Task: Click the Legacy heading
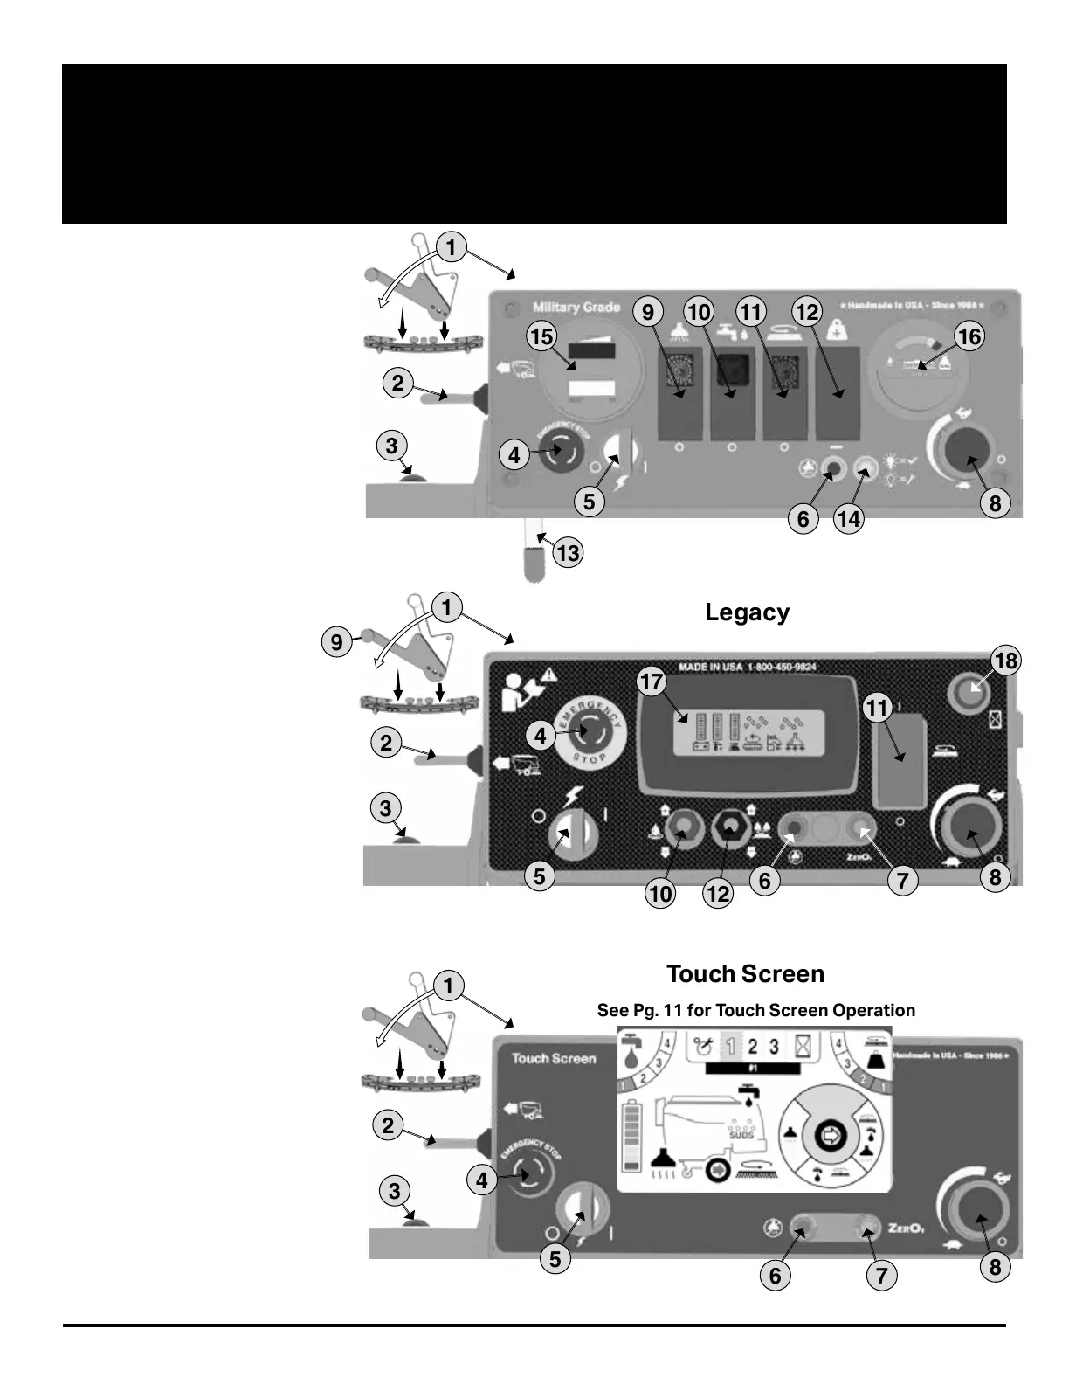tap(747, 612)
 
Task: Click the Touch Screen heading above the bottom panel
tap(745, 974)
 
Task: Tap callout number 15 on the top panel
tap(541, 336)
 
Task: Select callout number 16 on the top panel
tap(969, 336)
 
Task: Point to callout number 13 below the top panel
tap(568, 552)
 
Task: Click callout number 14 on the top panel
tap(848, 519)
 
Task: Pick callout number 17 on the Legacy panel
tap(652, 682)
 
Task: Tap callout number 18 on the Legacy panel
tap(1005, 661)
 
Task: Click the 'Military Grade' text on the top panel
tap(576, 308)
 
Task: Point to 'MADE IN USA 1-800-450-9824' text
tap(748, 668)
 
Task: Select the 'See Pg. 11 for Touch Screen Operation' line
tap(755, 1011)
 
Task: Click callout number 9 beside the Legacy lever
tap(336, 643)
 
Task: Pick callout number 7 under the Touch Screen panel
tap(881, 1276)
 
